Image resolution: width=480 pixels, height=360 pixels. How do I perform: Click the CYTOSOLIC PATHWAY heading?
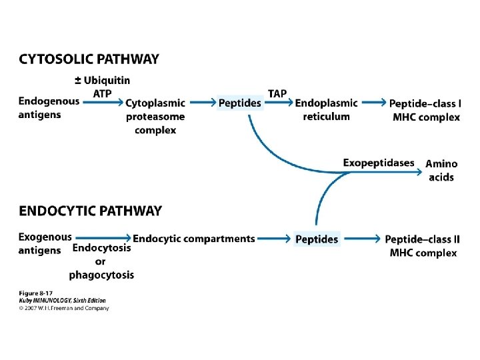[89, 59]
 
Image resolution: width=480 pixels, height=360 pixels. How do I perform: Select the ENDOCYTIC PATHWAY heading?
[90, 211]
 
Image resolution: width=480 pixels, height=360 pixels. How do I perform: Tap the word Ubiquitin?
[107, 80]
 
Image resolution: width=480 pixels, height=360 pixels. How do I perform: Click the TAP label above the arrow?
[277, 93]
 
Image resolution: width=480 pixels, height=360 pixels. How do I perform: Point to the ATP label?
[102, 93]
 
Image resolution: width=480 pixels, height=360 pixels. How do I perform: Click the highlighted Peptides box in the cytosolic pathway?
[240, 103]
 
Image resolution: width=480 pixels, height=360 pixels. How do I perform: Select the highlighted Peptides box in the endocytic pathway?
[317, 239]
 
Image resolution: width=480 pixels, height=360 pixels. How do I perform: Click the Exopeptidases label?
[379, 163]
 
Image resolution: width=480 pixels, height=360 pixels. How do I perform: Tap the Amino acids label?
[441, 170]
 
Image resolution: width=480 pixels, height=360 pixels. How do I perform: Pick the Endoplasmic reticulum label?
[326, 109]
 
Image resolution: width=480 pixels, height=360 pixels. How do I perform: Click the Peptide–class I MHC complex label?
[425, 110]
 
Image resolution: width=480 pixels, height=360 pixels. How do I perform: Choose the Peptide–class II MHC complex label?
[423, 246]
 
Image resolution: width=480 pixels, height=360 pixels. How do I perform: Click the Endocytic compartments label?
[194, 239]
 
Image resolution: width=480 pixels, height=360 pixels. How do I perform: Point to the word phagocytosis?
[101, 275]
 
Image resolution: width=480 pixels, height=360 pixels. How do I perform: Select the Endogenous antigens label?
[49, 108]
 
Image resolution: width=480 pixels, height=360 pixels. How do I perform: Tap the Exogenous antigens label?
[45, 244]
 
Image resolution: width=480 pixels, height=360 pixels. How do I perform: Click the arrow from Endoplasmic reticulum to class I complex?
[374, 102]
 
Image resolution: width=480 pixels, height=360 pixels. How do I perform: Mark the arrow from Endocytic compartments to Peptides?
[274, 239]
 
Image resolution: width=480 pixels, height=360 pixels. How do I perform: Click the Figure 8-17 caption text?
[35, 293]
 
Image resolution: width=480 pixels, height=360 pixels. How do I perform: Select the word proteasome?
[155, 117]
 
